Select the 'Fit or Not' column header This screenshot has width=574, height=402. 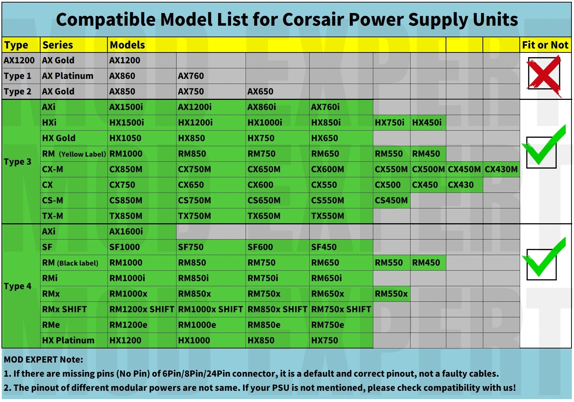point(545,45)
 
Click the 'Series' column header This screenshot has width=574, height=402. point(58,45)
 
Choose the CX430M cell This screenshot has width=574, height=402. point(501,169)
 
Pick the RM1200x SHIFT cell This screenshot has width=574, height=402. point(142,309)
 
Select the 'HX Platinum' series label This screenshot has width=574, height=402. point(68,340)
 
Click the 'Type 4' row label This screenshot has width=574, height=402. point(17,286)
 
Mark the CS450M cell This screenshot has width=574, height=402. point(391,200)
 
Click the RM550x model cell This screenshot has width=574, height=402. point(391,294)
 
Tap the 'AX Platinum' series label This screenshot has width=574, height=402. point(68,76)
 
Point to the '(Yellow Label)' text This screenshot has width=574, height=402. point(82,154)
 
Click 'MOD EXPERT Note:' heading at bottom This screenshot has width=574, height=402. point(43,360)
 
